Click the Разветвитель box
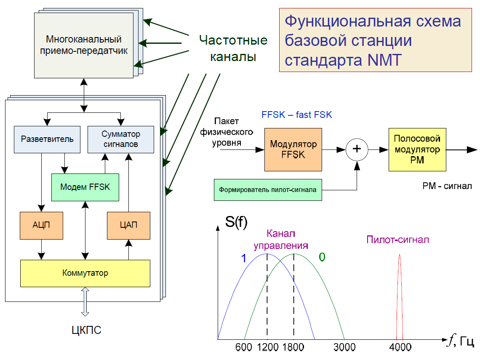point(47,139)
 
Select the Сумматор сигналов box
point(120,139)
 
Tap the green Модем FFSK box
point(85,187)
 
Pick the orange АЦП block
point(41,226)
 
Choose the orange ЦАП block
point(128,226)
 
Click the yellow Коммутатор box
point(85,273)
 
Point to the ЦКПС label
point(86,330)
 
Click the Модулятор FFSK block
point(293,150)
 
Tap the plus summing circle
point(357,149)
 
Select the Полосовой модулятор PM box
point(417,150)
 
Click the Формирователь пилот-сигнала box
point(268,190)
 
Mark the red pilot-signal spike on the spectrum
point(400,297)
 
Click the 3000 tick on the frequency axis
point(344,347)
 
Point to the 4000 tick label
point(400,347)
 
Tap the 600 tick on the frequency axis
point(244,347)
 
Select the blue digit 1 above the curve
point(244,259)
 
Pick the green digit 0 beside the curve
point(322,257)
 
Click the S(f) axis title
point(236,221)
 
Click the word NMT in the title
point(384,60)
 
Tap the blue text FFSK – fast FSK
point(297,115)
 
